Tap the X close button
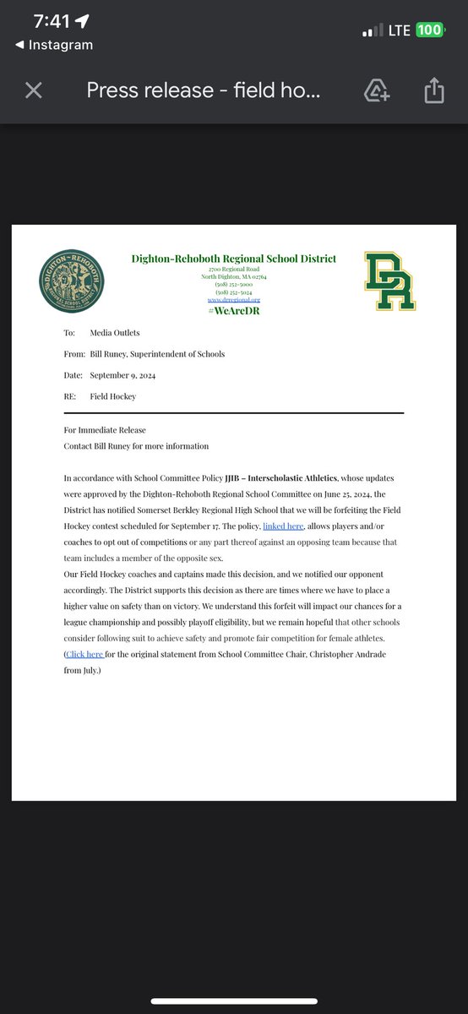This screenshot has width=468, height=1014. [34, 90]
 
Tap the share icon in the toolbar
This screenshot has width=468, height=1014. [434, 90]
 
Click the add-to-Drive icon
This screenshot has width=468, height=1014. [376, 90]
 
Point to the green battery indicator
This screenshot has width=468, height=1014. [429, 30]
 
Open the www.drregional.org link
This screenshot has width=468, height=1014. [233, 299]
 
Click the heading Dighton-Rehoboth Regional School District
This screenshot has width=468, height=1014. [233, 259]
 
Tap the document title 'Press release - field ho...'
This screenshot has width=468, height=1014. [203, 90]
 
